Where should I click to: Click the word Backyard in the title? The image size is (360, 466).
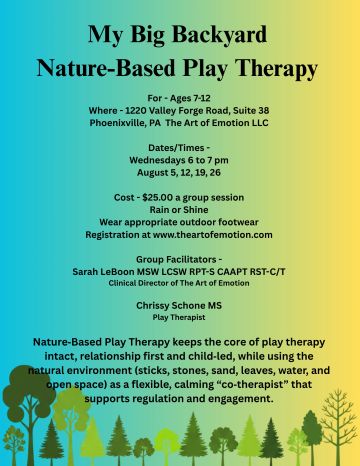click(220, 35)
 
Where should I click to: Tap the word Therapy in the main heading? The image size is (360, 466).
click(277, 69)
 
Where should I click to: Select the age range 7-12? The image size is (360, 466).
click(199, 98)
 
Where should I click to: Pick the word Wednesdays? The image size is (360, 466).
click(157, 160)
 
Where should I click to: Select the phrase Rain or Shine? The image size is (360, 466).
click(179, 210)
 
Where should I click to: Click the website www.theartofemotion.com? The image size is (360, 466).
click(213, 235)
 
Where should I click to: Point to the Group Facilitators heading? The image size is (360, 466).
click(176, 259)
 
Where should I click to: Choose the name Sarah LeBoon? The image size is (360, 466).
click(103, 272)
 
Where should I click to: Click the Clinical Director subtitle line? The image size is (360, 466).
click(179, 283)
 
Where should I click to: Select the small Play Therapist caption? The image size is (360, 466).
click(179, 317)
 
